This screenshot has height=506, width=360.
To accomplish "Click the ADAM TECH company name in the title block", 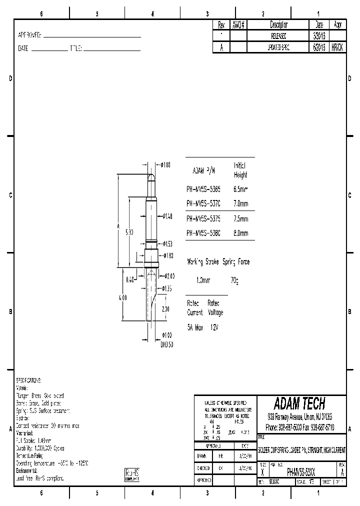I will [300, 403].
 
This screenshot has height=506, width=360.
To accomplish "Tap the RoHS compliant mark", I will [131, 475].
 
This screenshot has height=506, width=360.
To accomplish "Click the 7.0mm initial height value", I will [241, 204].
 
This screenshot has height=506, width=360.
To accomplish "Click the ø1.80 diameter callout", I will [168, 255].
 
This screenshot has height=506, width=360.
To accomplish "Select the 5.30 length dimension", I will [129, 233].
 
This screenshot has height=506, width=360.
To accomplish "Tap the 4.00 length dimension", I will [122, 297].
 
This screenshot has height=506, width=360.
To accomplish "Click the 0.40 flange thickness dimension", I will [130, 280].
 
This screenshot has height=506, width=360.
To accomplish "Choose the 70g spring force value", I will [234, 281].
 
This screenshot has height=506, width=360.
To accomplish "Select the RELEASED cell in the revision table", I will [278, 36].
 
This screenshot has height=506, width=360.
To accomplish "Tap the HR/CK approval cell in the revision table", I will [337, 47].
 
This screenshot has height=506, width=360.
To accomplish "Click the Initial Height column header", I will [240, 170].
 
